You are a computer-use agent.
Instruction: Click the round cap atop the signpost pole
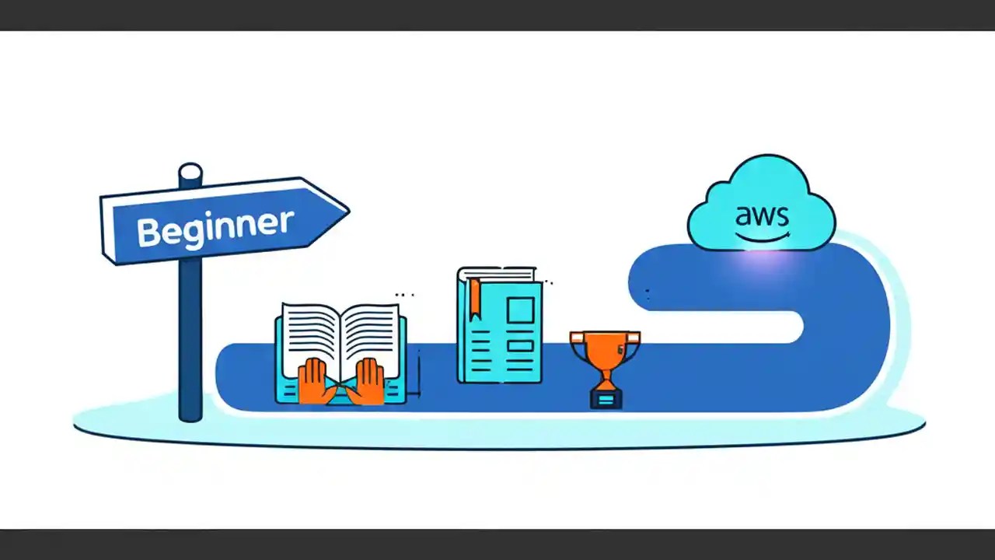(190, 172)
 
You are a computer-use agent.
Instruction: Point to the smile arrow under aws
(763, 236)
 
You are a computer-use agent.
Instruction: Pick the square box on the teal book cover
(520, 311)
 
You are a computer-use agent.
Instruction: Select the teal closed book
(500, 327)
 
